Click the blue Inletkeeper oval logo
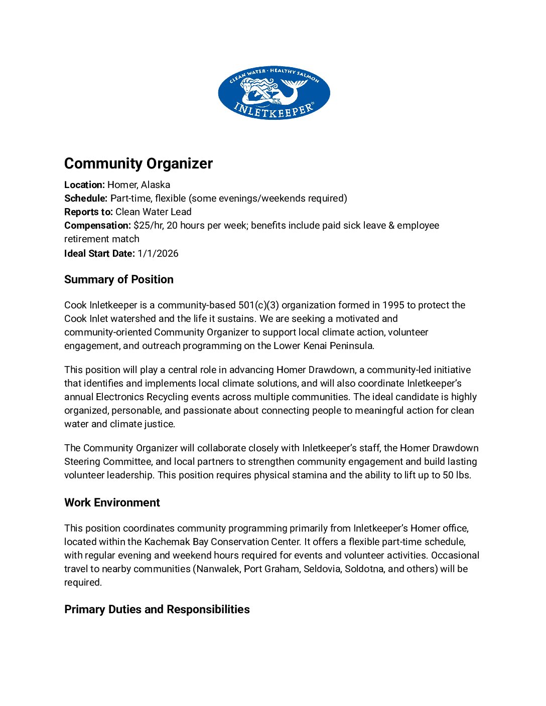pyautogui.click(x=274, y=93)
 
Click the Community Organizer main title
pyautogui.click(x=139, y=163)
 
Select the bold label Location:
pyautogui.click(x=84, y=185)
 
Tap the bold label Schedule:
pyautogui.click(x=86, y=198)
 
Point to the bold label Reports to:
pyautogui.click(x=88, y=212)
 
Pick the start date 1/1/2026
pyautogui.click(x=158, y=253)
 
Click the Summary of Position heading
pyautogui.click(x=119, y=279)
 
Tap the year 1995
pyautogui.click(x=393, y=305)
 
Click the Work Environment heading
pyautogui.click(x=112, y=502)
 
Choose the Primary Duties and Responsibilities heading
pyautogui.click(x=157, y=609)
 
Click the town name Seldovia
pyautogui.click(x=322, y=569)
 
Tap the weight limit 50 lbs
pyautogui.click(x=456, y=475)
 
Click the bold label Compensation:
pyautogui.click(x=97, y=225)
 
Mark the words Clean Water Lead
pyautogui.click(x=154, y=212)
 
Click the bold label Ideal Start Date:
pyautogui.click(x=99, y=253)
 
